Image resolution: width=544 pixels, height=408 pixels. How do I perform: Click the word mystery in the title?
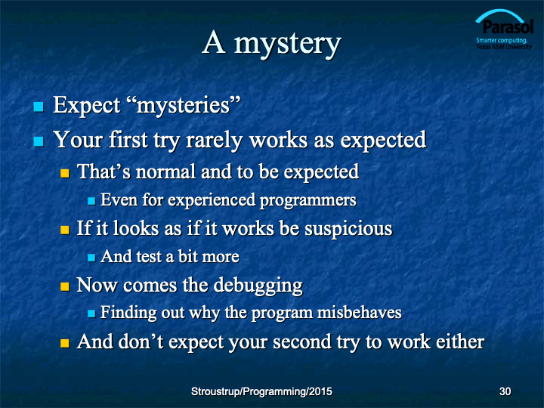coord(288,45)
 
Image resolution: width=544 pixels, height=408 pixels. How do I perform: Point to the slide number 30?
coord(505,391)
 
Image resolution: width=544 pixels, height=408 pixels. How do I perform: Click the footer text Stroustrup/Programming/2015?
coord(261,391)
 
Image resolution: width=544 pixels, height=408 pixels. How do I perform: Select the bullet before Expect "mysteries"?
coord(39,107)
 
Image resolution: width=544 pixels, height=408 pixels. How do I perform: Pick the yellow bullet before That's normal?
coord(65,173)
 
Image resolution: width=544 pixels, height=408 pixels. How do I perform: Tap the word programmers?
coord(308,201)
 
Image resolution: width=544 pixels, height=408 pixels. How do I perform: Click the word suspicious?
coord(348,229)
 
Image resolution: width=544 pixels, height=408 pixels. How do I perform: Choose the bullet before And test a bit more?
coord(91,258)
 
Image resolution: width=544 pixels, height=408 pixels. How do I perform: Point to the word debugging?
coord(258,286)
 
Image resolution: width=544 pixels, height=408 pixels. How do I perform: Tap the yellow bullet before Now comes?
coord(65,286)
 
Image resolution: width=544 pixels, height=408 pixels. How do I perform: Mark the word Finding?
coord(128,313)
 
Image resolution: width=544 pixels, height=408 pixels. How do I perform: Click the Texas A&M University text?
coord(504,47)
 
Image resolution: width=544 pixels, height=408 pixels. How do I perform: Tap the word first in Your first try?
coord(128,140)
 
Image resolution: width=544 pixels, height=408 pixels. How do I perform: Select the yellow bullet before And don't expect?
coord(65,343)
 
